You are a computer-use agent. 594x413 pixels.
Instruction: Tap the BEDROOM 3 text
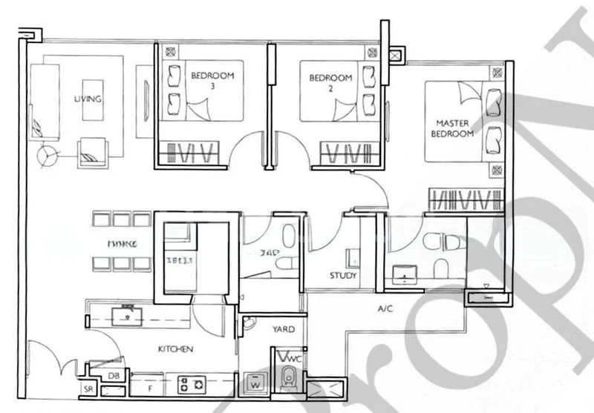(x=212, y=80)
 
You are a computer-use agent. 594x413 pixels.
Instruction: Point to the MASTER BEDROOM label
(x=454, y=128)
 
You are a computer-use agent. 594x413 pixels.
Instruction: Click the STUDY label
(x=343, y=275)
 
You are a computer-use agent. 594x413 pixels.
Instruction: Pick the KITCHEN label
(x=175, y=348)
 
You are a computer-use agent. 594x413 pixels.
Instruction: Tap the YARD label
(x=283, y=329)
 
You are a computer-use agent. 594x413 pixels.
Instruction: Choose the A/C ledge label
(x=385, y=308)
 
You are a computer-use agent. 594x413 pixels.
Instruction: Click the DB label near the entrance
(x=113, y=376)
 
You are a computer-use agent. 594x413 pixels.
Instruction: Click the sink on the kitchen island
(x=127, y=313)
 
